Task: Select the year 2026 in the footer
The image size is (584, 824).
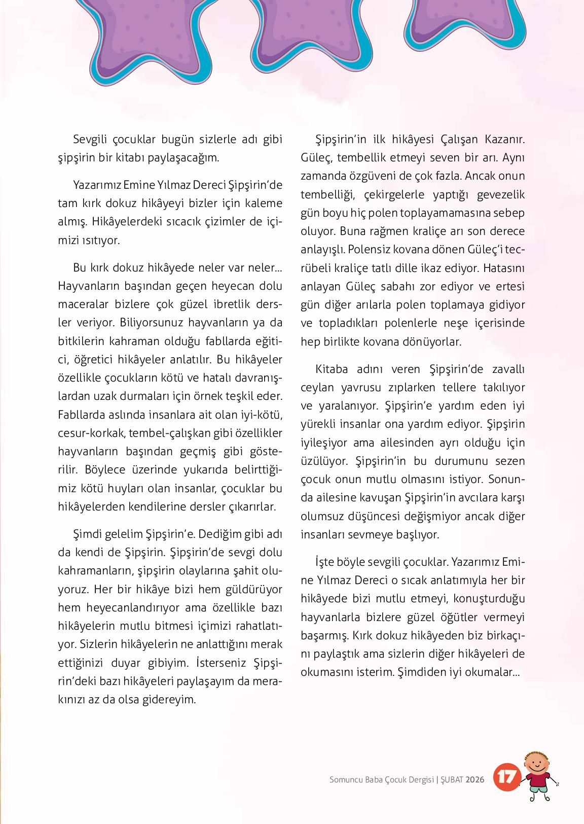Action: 476,780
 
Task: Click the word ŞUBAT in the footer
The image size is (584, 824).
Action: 452,780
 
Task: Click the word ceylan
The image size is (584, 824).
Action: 318,388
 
